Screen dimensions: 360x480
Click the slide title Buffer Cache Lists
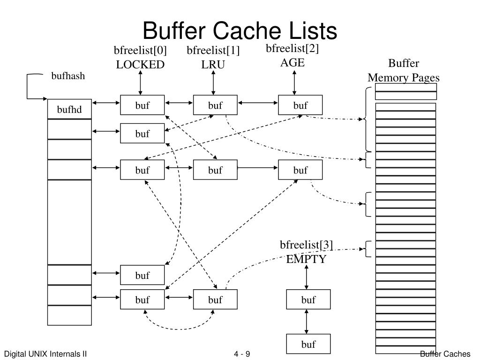click(240, 31)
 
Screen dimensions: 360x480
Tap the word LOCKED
click(140, 65)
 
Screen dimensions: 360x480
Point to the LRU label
click(213, 65)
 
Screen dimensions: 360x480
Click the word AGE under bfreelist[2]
click(292, 62)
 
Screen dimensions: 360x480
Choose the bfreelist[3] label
click(306, 245)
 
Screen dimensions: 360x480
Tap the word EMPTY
click(306, 259)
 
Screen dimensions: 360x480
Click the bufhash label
click(68, 76)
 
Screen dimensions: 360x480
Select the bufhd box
click(69, 110)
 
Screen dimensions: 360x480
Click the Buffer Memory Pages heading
click(404, 71)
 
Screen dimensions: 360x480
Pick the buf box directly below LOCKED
click(142, 105)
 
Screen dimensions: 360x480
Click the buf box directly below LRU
click(215, 105)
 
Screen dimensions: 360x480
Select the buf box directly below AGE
click(300, 105)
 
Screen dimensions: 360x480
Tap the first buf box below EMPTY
click(308, 300)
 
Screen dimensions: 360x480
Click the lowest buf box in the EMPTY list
click(308, 344)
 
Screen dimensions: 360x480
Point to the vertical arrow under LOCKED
click(140, 83)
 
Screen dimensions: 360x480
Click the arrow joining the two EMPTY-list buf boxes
click(307, 322)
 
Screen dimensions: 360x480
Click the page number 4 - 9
click(242, 354)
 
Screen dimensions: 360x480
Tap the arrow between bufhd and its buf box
click(106, 103)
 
